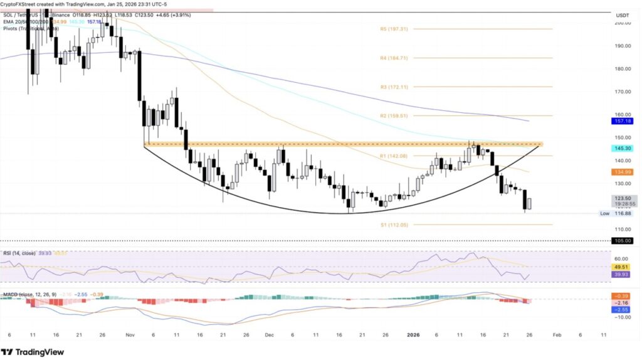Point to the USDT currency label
(x=623, y=14)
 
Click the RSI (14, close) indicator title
(x=19, y=253)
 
